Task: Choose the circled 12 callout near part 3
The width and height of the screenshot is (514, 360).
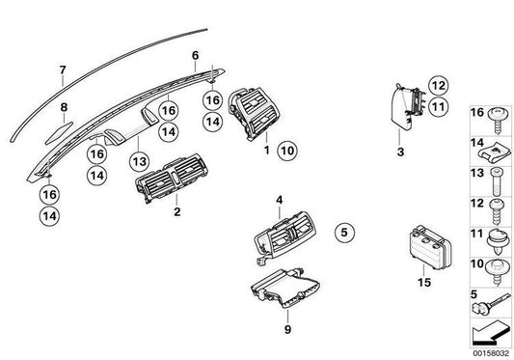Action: [437, 84]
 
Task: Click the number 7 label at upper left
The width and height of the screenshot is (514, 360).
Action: [61, 69]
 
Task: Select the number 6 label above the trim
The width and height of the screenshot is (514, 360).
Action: [194, 57]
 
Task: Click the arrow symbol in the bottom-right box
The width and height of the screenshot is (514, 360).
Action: [489, 337]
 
